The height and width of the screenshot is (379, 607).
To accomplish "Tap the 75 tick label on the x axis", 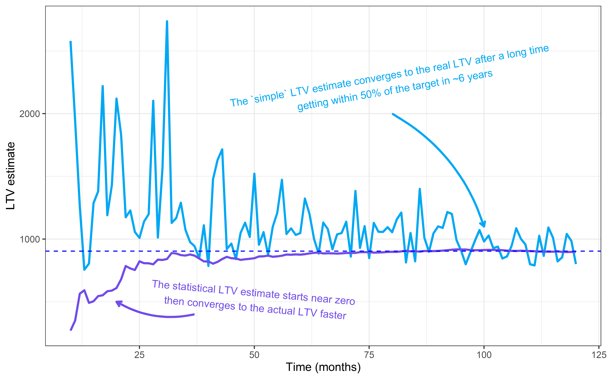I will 369,355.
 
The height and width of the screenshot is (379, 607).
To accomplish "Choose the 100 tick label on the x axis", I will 484,355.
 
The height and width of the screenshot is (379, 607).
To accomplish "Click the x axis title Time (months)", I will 323,367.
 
